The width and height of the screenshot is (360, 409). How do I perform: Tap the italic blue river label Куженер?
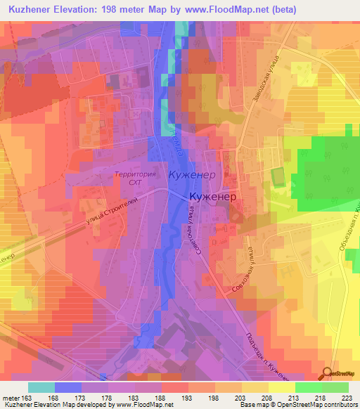191,173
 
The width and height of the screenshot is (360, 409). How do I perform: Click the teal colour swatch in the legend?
41,387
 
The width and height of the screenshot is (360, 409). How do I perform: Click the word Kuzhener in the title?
32,10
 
